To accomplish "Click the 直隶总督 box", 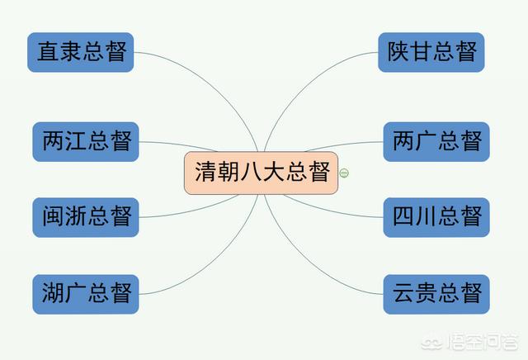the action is [x=81, y=52].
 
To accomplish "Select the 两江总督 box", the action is [x=86, y=141].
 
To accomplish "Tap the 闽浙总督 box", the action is [x=86, y=217].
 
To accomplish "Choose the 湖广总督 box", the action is [x=86, y=294].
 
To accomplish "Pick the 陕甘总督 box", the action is [x=431, y=52].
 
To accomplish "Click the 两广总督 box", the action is [x=436, y=141].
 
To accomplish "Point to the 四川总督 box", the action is [x=436, y=217].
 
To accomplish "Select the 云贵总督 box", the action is [x=436, y=294].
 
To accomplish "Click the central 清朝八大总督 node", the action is [x=261, y=173].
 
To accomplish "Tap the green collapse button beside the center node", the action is [x=344, y=173].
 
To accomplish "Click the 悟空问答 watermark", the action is [x=469, y=342].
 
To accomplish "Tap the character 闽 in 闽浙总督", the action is [x=53, y=216].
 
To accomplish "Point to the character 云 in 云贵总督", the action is [x=403, y=292].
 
